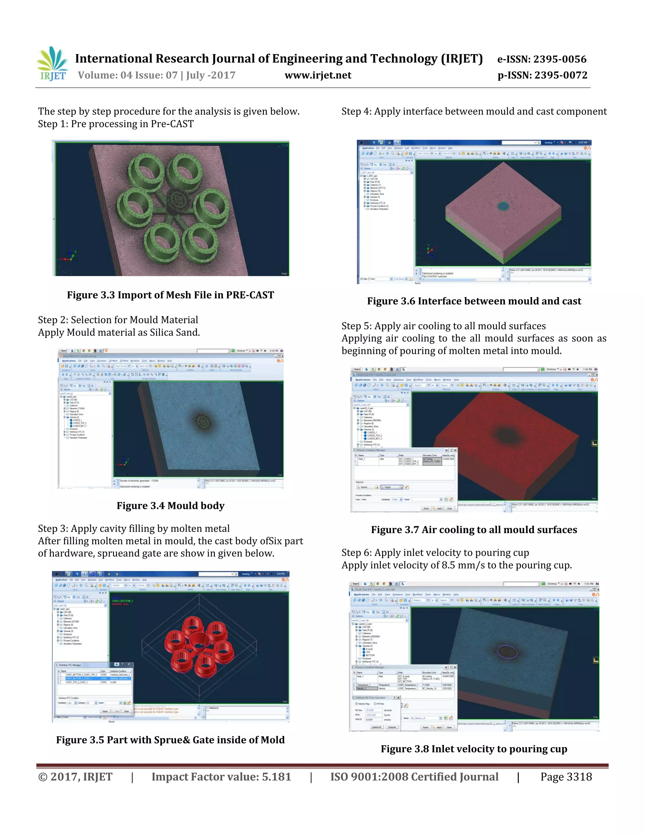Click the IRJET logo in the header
(52, 64)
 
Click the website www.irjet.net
(318, 75)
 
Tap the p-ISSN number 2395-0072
(561, 75)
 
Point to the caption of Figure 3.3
(170, 295)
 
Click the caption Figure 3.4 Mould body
(170, 505)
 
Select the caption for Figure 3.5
(170, 740)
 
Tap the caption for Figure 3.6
(474, 301)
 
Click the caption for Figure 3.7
(474, 530)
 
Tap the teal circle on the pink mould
(503, 206)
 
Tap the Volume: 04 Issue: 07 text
(128, 75)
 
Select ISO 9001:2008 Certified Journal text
(414, 777)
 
